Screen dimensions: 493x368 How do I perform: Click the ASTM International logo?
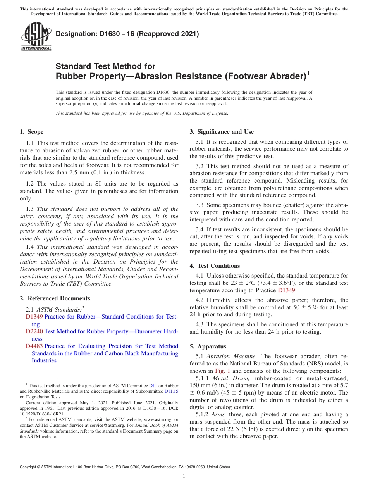(x=36, y=36)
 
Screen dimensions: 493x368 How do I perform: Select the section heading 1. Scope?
(x=31, y=132)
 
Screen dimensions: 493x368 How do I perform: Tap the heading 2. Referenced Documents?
(x=55, y=298)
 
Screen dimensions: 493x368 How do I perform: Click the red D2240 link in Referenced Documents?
(x=34, y=331)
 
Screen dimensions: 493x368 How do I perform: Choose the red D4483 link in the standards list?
(x=34, y=346)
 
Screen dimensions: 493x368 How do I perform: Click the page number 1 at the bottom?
(x=184, y=476)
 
